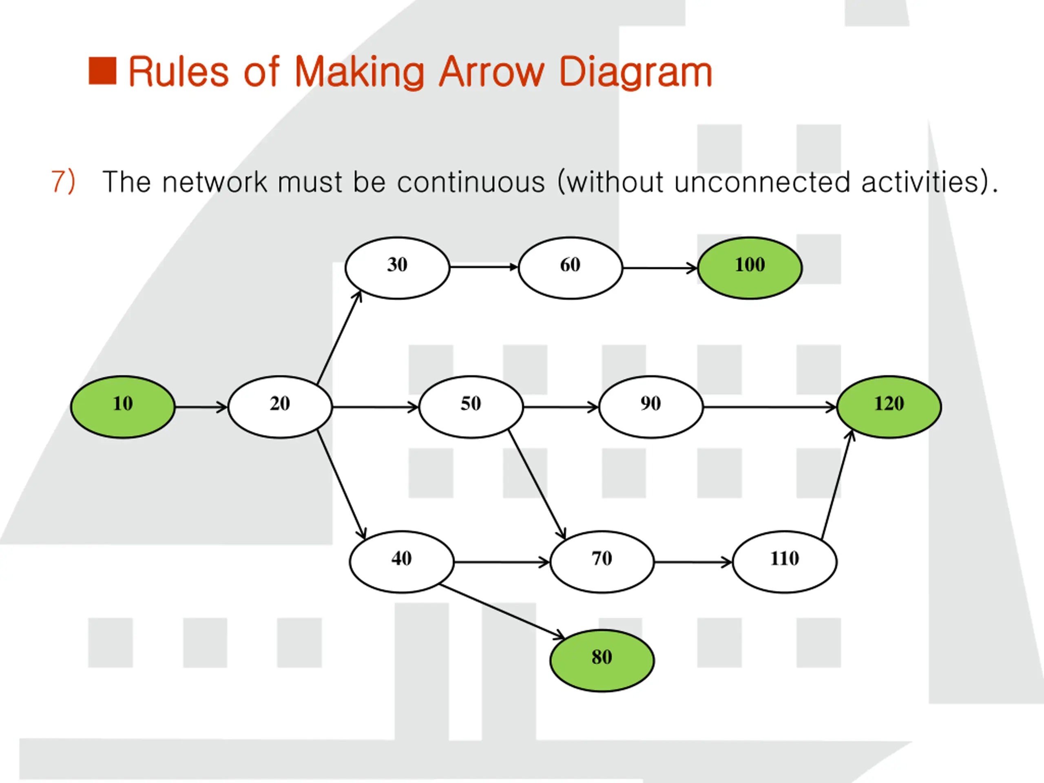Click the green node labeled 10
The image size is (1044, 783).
point(123,407)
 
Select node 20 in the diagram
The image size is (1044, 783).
point(280,407)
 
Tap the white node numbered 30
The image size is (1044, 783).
point(397,268)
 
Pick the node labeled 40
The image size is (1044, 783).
point(402,562)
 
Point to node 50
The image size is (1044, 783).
point(471,407)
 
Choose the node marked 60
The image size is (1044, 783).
point(571,268)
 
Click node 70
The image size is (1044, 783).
point(602,562)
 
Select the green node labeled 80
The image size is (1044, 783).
point(602,661)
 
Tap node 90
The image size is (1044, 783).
point(651,407)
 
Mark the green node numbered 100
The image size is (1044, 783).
point(750,268)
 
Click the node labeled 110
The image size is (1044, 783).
point(785,562)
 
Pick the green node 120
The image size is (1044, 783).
point(889,407)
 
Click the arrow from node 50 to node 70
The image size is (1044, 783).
point(537,484)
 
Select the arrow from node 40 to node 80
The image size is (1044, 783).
point(502,612)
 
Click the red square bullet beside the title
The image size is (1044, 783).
point(102,71)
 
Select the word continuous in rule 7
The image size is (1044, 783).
point(471,182)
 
